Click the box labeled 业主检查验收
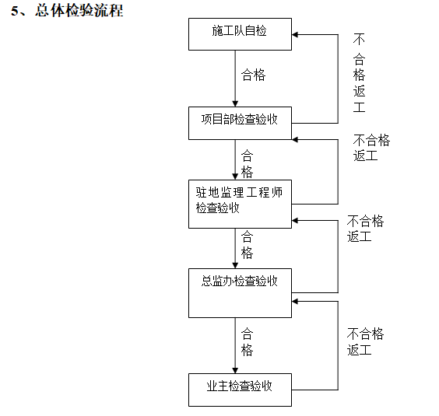pos(240,390)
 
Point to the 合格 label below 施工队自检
pos(253,75)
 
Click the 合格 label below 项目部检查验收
pos(247,163)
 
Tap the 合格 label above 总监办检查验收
pos(247,244)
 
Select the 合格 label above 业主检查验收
pos(247,341)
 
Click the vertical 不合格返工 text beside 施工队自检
pos(359,73)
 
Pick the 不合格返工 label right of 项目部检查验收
pos(371,147)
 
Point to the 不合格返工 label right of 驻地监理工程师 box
pos(365,229)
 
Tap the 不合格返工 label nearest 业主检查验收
pos(365,341)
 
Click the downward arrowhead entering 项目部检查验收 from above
pos(235,103)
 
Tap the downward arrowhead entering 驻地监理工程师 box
pos(235,177)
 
